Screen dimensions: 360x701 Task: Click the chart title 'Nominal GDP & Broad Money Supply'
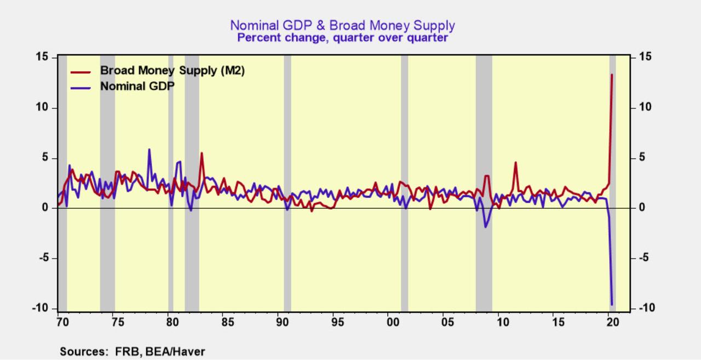coord(342,25)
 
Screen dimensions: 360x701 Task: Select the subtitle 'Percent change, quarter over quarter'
coord(342,38)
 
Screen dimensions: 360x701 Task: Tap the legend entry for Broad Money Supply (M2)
coord(172,71)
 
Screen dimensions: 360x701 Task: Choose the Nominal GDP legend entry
coord(137,86)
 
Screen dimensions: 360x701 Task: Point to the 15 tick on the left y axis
coord(42,57)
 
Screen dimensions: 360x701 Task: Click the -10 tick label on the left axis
coord(41,308)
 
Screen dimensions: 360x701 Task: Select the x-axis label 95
coord(337,323)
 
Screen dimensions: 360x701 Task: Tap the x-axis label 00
coord(393,323)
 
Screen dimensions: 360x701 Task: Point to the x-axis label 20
coord(613,323)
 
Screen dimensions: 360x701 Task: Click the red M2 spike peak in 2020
coord(612,75)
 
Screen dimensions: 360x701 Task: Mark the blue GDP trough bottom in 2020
coord(612,305)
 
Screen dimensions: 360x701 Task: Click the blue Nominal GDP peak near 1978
coord(149,149)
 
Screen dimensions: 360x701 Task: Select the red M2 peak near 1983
coord(202,153)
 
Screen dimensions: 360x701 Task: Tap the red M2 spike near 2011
coord(515,162)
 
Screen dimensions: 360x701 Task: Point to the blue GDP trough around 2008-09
coord(485,227)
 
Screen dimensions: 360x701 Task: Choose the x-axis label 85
coord(227,323)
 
